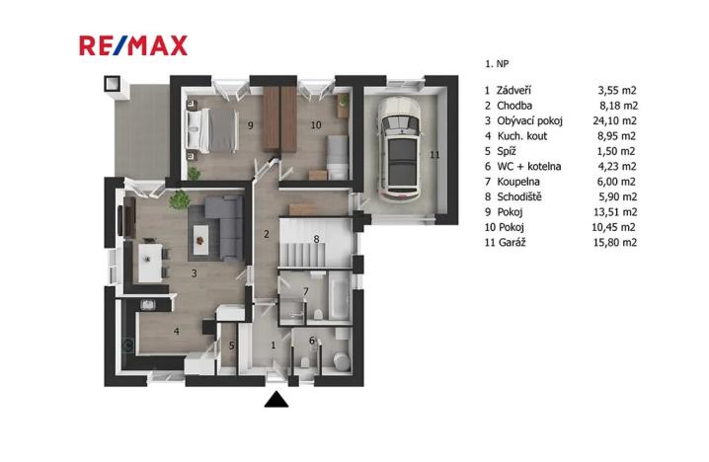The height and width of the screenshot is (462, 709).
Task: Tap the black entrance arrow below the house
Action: coord(276,399)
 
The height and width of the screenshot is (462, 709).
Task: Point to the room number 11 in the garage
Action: coord(433,154)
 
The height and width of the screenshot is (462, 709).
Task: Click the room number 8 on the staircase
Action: coord(316,238)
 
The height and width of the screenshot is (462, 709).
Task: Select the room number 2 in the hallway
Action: coord(266,234)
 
